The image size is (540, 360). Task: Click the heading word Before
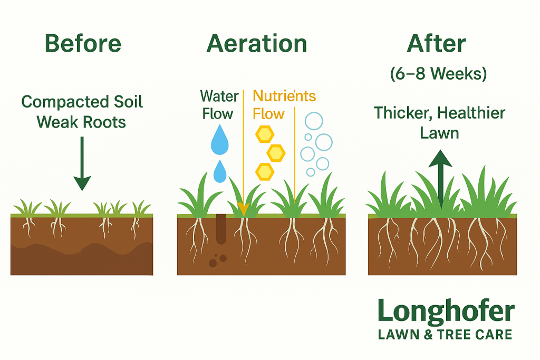tap(83, 43)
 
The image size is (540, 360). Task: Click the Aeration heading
tap(257, 43)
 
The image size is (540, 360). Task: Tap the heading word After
tap(436, 43)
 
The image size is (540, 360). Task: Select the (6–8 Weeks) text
tap(438, 73)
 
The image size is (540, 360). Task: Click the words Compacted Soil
tap(82, 102)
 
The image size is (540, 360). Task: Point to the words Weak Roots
tap(81, 122)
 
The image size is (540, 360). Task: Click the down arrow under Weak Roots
tap(82, 163)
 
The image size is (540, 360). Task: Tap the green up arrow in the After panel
tap(440, 179)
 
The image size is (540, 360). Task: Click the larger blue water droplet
tap(219, 140)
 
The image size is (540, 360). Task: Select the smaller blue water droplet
tap(220, 171)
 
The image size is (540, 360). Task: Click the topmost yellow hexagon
tap(265, 134)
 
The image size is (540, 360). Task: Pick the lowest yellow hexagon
tap(265, 171)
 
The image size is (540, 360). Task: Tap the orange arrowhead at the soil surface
tap(243, 209)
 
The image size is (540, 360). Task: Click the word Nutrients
tap(284, 96)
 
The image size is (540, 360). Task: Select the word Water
tap(219, 96)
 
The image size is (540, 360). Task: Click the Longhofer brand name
tap(446, 312)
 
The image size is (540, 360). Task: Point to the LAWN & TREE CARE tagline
tap(445, 335)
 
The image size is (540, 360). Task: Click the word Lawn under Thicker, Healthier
tap(439, 133)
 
